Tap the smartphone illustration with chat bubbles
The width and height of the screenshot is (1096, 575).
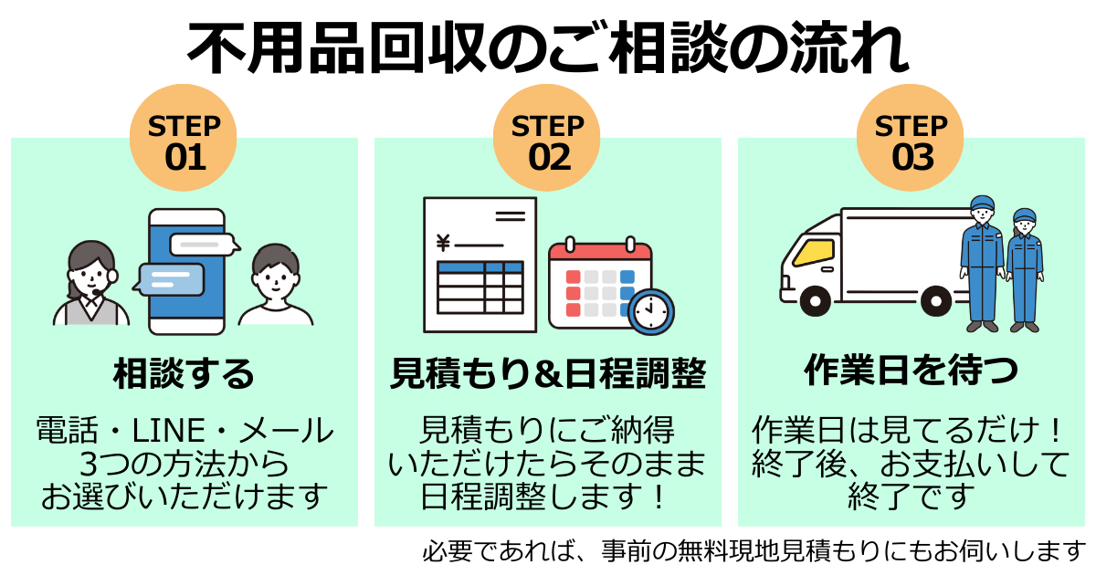(x=186, y=271)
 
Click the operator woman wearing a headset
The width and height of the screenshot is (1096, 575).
(x=91, y=283)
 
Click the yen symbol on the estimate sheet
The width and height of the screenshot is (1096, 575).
(x=444, y=243)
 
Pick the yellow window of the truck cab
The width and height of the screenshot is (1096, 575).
(x=812, y=251)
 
